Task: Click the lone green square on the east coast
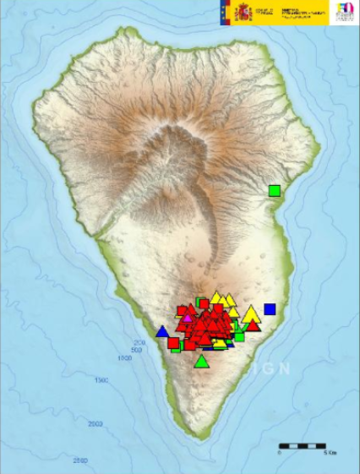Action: point(274,190)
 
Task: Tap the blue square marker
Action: point(270,309)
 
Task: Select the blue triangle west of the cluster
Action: point(162,331)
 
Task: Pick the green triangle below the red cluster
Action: point(201,362)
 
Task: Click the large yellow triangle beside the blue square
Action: point(251,314)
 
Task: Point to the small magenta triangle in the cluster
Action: point(188,318)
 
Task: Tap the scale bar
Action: point(302,444)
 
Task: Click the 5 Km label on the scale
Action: point(330,454)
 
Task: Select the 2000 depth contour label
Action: point(95,422)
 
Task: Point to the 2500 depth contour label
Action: point(79,460)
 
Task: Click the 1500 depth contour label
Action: point(101,382)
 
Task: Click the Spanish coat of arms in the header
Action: point(243,12)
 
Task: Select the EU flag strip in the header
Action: point(223,12)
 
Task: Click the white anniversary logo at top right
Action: point(345,13)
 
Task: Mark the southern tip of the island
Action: point(199,438)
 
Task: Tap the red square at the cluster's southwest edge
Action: point(173,342)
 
